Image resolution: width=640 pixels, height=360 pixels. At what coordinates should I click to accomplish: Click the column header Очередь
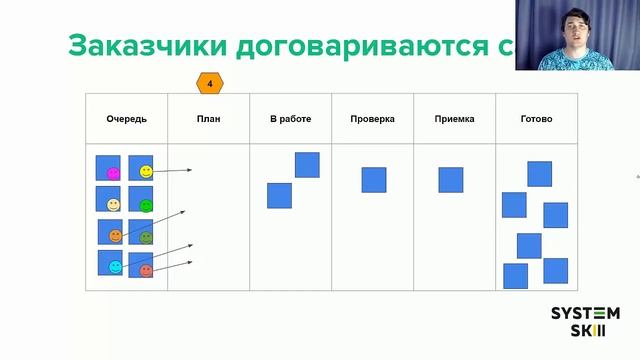coord(127,119)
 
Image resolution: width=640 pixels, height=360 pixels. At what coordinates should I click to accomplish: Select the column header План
coord(209,119)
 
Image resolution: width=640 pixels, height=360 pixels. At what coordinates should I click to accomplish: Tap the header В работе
coord(290,119)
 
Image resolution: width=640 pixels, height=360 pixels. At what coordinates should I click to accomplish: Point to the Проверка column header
coord(372,119)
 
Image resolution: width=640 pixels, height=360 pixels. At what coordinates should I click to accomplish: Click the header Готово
coord(536,119)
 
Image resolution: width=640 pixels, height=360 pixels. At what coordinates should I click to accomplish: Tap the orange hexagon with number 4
coord(210,83)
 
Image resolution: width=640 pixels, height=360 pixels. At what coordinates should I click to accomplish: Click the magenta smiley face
coord(113,173)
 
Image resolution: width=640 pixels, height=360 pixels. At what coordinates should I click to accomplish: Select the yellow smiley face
coord(146,172)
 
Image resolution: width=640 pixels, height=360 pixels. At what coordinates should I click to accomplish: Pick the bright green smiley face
coord(146,206)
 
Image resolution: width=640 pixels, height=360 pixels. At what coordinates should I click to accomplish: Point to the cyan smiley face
coord(115,267)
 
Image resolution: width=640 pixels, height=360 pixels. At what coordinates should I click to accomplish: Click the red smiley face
coord(146,270)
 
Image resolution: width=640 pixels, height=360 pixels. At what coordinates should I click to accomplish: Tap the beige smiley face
coord(113,205)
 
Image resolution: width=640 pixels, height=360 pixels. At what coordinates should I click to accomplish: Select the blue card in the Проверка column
coord(374,179)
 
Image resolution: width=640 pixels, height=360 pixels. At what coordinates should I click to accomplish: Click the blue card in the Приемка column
coord(451,179)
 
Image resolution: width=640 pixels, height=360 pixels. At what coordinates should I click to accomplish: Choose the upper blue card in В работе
coord(307,164)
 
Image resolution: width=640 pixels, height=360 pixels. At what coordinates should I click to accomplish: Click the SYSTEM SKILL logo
coord(585,322)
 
